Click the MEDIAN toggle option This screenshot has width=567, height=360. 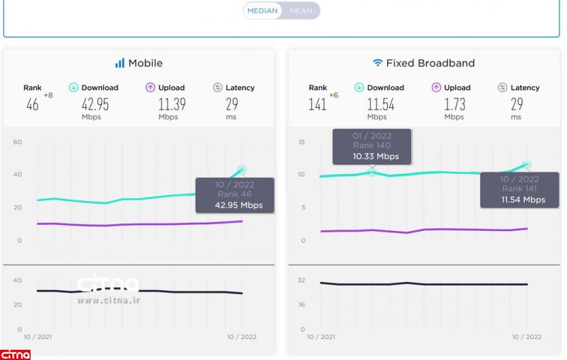262,11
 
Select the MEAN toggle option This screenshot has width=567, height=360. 301,11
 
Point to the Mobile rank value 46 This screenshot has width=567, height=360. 33,105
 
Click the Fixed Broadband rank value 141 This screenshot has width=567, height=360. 317,105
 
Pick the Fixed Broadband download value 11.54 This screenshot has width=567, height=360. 381,105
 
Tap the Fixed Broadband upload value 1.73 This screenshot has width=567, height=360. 454,105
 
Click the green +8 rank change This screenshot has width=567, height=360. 48,95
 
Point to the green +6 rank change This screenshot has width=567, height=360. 333,95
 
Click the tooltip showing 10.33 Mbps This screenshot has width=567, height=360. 371,146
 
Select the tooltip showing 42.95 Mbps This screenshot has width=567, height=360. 235,195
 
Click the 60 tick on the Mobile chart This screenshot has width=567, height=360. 18,142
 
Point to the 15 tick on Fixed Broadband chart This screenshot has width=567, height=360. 301,142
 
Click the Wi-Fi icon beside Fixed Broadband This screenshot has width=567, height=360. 378,63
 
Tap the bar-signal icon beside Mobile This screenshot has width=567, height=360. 120,63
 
